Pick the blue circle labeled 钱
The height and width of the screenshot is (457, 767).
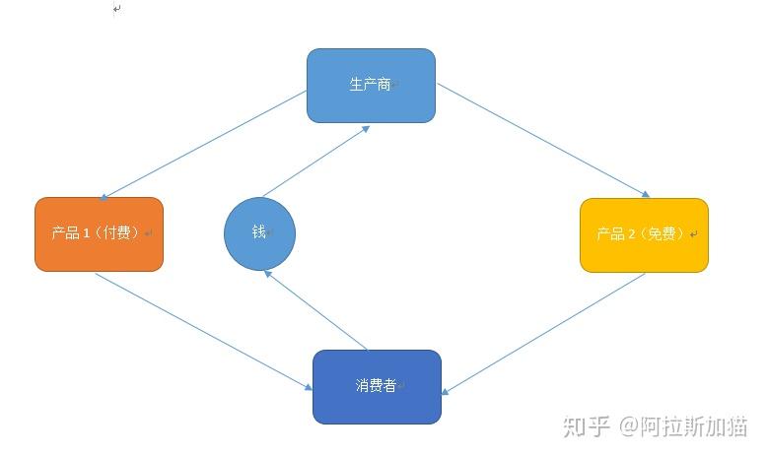[259, 233]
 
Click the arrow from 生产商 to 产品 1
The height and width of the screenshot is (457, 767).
[203, 145]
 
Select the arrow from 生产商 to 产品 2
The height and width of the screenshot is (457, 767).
[543, 140]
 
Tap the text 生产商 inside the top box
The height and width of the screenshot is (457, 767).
[370, 85]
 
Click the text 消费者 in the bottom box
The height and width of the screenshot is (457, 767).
[376, 385]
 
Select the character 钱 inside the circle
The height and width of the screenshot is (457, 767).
[259, 232]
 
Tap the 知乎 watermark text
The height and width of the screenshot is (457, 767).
[586, 426]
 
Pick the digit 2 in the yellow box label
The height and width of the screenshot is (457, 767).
[632, 234]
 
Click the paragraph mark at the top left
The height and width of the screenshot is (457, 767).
[117, 9]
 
